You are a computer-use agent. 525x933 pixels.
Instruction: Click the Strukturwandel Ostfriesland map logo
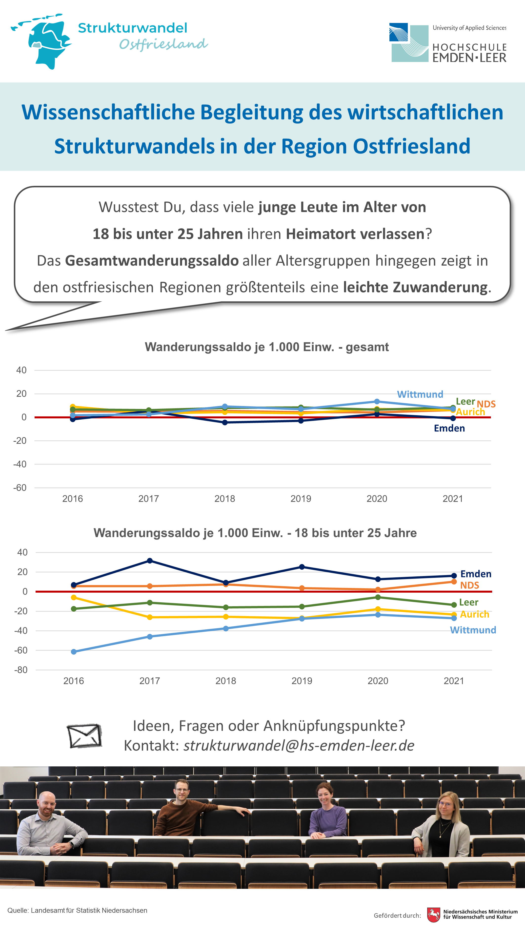pos(42,42)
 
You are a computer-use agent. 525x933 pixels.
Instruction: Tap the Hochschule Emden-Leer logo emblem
pos(409,42)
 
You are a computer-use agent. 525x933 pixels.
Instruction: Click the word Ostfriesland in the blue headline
pos(412,146)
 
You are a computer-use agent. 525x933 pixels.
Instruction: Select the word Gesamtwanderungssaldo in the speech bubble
pos(152,260)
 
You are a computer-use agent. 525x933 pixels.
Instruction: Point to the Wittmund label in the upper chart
pos(420,394)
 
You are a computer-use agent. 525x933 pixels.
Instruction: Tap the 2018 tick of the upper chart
pos(225,499)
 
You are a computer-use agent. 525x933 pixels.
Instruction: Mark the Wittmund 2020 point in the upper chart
pos(377,401)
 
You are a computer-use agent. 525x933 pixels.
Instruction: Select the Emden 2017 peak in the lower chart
pos(150,561)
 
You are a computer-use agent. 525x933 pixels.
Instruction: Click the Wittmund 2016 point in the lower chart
pos(74,652)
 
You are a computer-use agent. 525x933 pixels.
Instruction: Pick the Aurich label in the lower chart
pos(475,614)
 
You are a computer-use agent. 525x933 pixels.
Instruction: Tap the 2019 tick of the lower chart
pos(302,681)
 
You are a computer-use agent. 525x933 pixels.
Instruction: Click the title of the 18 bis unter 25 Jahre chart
pos(255,533)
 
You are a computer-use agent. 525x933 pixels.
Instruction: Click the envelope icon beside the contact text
pos(84,736)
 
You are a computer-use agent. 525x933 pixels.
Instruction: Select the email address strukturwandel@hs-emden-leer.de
pos(299,746)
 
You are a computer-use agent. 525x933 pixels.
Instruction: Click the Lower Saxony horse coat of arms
pos(433,915)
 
